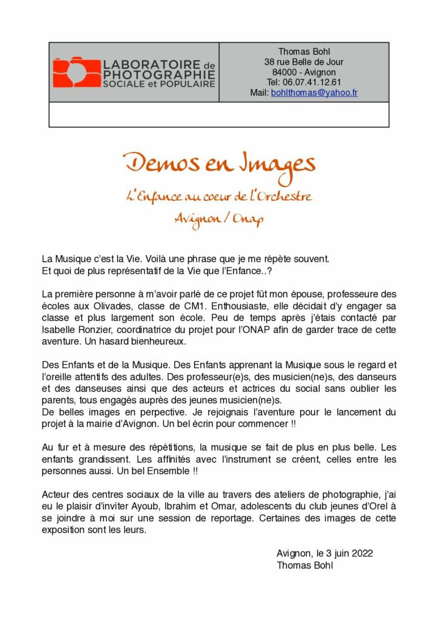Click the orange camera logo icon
[76, 72]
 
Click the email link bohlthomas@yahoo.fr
[314, 93]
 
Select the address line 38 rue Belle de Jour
[304, 62]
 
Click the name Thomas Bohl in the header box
[304, 51]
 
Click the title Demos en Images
[219, 164]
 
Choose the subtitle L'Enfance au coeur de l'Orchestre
[218, 196]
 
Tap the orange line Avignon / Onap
[218, 219]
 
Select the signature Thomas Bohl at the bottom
[304, 566]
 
